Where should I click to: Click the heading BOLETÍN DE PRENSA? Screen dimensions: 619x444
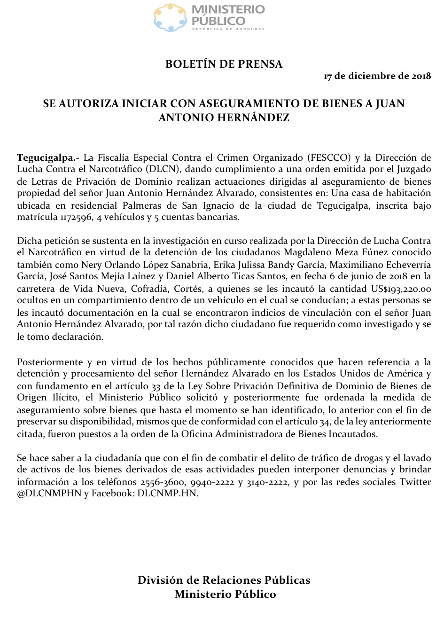224,64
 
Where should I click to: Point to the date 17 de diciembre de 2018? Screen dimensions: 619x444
377,76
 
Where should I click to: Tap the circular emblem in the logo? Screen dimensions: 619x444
170,18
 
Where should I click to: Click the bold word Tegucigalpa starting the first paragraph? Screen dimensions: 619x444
46,157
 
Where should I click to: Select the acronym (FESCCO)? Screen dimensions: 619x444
329,157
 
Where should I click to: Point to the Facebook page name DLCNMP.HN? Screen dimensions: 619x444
168,494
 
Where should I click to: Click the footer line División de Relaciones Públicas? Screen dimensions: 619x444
224,580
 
